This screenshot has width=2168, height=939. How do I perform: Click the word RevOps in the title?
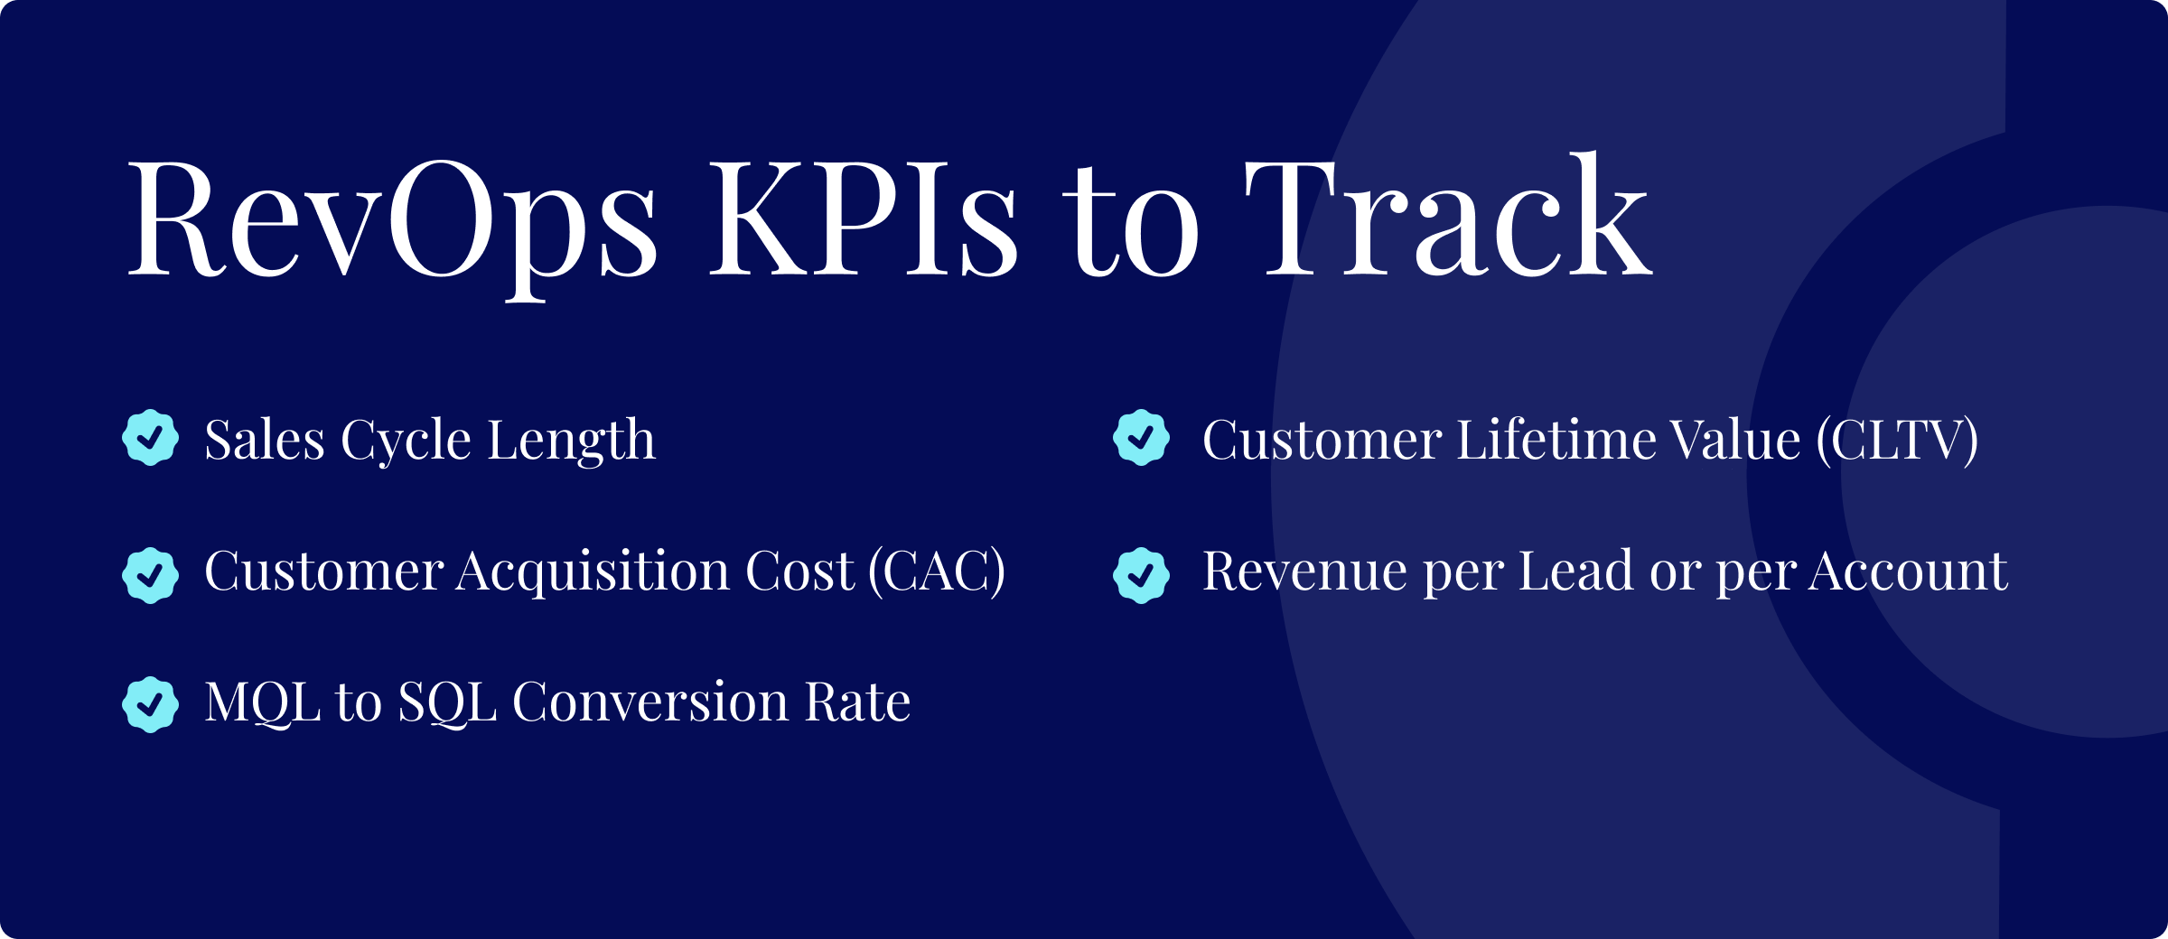click(x=393, y=221)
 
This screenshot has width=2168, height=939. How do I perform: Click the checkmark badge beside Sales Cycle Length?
click(x=150, y=438)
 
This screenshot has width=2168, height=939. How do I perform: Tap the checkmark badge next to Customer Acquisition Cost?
click(x=150, y=575)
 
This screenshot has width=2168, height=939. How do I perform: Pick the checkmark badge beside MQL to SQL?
click(x=150, y=704)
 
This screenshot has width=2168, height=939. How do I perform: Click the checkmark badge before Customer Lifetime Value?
click(x=1141, y=438)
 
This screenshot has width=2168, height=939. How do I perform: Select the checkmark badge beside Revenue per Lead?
click(x=1141, y=575)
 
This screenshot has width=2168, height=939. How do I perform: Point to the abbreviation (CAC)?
click(x=937, y=572)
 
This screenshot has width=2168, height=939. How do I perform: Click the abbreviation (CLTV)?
click(x=1898, y=441)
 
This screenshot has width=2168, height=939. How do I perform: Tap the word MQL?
click(x=263, y=702)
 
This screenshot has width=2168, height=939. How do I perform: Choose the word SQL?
click(x=448, y=702)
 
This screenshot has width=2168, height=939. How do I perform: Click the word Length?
click(x=571, y=442)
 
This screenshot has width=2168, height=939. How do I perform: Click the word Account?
click(x=1908, y=572)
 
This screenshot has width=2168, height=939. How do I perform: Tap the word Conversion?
click(x=650, y=702)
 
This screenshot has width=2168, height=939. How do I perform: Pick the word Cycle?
click(x=406, y=442)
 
